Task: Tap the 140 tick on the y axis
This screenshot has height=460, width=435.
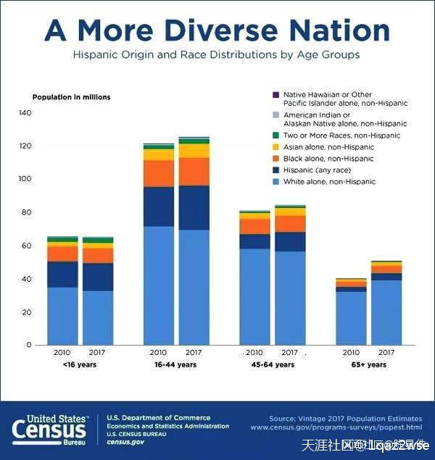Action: (x=25, y=113)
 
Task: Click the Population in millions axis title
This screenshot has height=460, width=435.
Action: (x=71, y=97)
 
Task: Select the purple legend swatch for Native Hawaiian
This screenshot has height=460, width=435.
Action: (x=275, y=94)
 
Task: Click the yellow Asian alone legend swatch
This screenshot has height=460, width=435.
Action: (x=275, y=147)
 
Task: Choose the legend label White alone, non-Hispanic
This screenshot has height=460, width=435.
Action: (x=329, y=181)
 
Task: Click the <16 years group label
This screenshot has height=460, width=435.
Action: (x=80, y=365)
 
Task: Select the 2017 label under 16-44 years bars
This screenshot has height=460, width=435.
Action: (x=194, y=353)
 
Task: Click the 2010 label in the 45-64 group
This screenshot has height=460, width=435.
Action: (x=254, y=353)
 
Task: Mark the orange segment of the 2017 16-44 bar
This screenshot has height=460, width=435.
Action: (x=194, y=172)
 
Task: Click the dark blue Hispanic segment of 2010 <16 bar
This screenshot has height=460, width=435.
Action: (x=62, y=274)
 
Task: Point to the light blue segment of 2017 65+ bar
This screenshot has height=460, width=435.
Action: (x=386, y=311)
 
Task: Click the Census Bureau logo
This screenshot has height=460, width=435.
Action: (x=50, y=429)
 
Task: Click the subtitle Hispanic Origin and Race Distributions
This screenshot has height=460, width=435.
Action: (x=217, y=54)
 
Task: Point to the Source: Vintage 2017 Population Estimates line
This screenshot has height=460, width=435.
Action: (x=344, y=418)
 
